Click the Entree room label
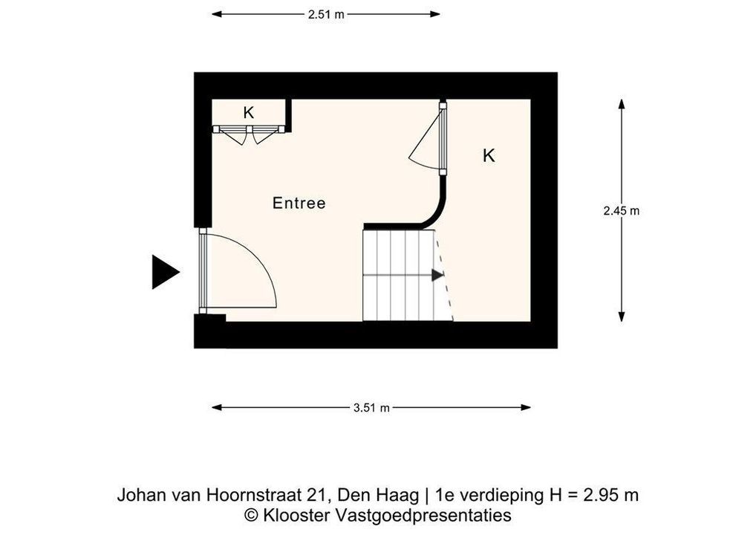pos(299,203)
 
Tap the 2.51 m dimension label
pos(327,14)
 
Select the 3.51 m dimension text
pos(371,408)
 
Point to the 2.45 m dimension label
pos(622,211)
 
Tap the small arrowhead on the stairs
pos(437,276)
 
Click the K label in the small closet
pos(248,113)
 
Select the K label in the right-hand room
pos(489,156)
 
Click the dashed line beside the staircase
pos(445,276)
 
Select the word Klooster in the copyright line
pos(296,515)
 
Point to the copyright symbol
pos(251,515)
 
